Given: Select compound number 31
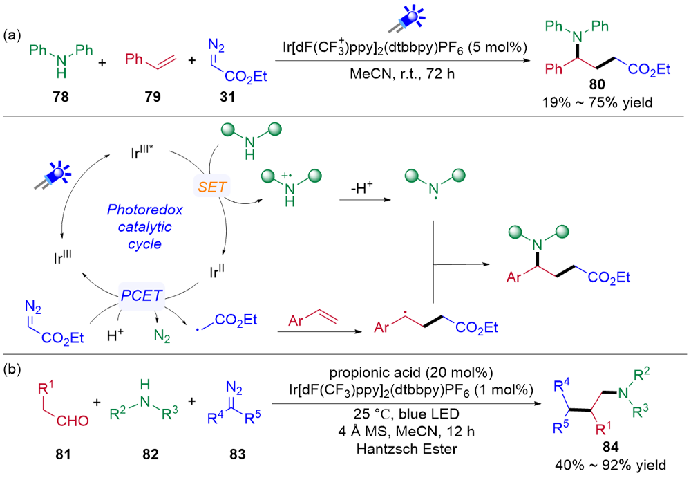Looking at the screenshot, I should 227,99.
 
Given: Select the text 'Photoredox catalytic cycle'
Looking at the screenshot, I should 140,226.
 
